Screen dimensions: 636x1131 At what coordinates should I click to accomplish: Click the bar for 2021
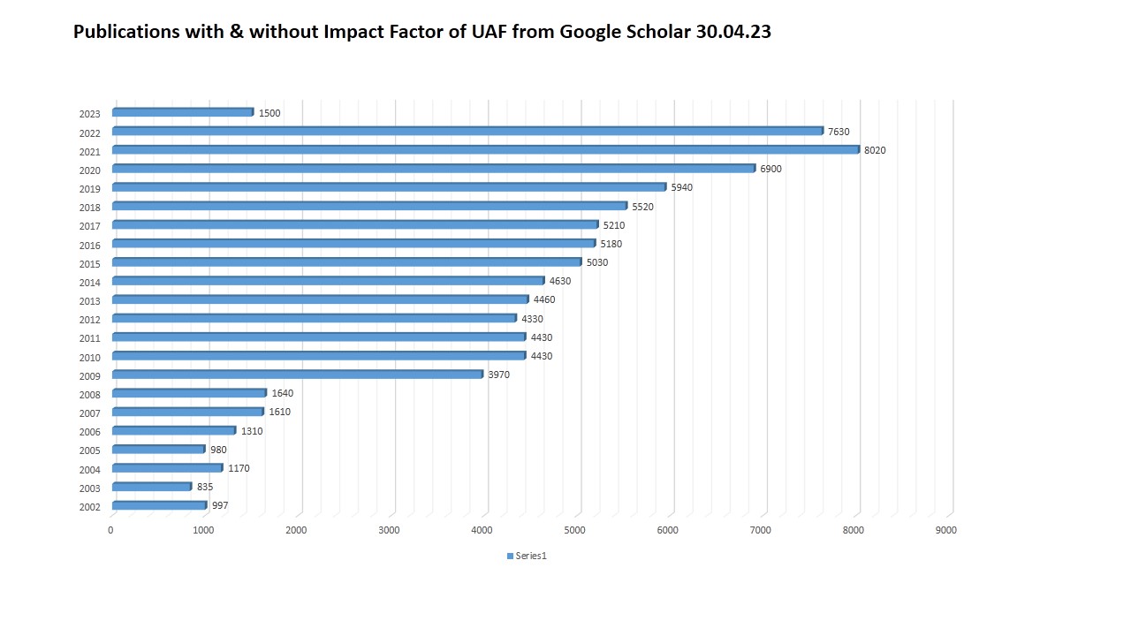[486, 149]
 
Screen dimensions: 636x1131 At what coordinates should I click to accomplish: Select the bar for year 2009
[298, 374]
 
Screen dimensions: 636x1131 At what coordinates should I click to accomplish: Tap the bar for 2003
[152, 486]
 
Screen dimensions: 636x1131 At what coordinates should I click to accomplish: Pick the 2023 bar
[183, 112]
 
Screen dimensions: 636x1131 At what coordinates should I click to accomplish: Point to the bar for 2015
[347, 261]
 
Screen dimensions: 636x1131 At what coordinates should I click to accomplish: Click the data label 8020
[875, 150]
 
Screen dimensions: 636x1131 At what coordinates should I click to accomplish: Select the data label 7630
[839, 132]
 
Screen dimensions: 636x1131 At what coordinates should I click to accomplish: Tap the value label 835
[205, 487]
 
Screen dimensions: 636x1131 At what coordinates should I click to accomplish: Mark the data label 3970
[498, 375]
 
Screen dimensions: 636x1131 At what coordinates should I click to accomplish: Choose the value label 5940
[681, 187]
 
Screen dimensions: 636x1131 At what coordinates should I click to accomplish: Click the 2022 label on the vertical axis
[89, 133]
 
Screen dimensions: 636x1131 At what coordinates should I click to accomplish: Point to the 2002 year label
[89, 507]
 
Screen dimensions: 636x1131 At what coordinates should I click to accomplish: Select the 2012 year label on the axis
[89, 320]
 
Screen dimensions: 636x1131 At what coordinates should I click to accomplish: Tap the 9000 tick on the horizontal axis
[945, 530]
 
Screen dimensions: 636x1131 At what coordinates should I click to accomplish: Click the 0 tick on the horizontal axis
[110, 530]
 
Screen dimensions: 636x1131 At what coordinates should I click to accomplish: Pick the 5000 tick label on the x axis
[574, 530]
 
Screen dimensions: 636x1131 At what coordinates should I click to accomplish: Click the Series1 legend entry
[527, 556]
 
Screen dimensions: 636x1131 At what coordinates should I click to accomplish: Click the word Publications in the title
[126, 33]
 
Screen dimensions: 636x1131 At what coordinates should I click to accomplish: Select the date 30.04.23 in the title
[732, 33]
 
